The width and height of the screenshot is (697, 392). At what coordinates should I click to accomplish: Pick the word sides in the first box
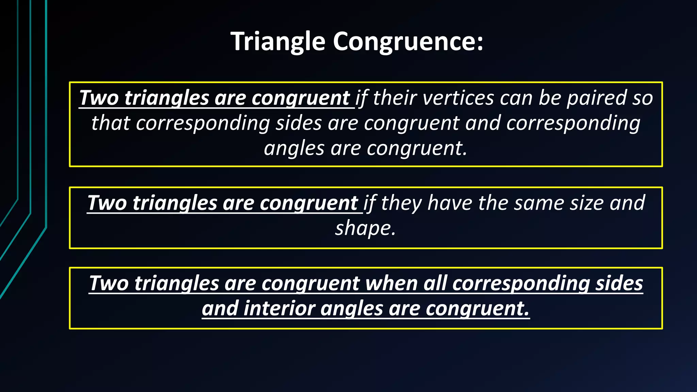click(298, 123)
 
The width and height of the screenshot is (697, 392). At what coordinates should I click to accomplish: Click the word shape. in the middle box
click(366, 228)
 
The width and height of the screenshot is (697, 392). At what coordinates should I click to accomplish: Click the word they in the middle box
click(401, 203)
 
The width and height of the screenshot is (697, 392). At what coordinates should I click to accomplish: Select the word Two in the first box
click(99, 98)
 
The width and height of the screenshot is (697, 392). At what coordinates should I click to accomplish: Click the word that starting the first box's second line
click(111, 123)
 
